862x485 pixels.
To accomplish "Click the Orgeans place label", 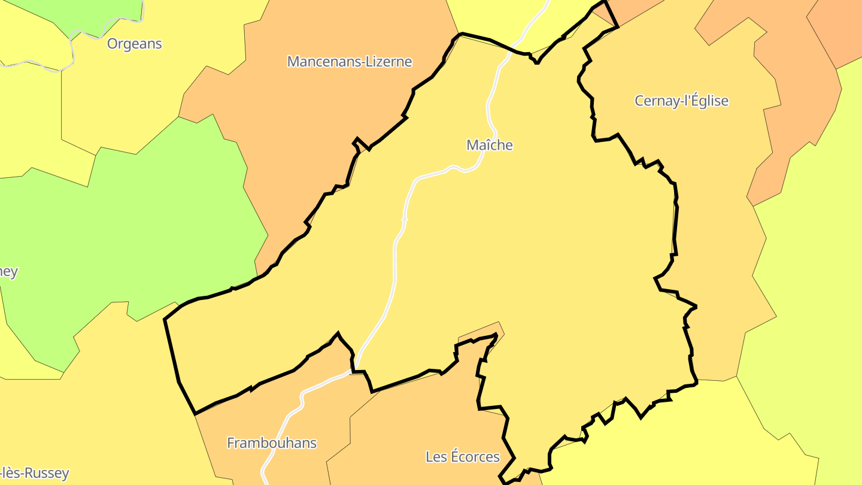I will coord(134,44).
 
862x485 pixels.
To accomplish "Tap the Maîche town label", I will coord(489,145).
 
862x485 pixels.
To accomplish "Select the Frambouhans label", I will coord(272,443).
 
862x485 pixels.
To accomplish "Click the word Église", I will coord(709,101).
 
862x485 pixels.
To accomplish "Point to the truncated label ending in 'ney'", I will coord(8,272).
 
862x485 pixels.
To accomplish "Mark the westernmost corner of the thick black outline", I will coord(165,320).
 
